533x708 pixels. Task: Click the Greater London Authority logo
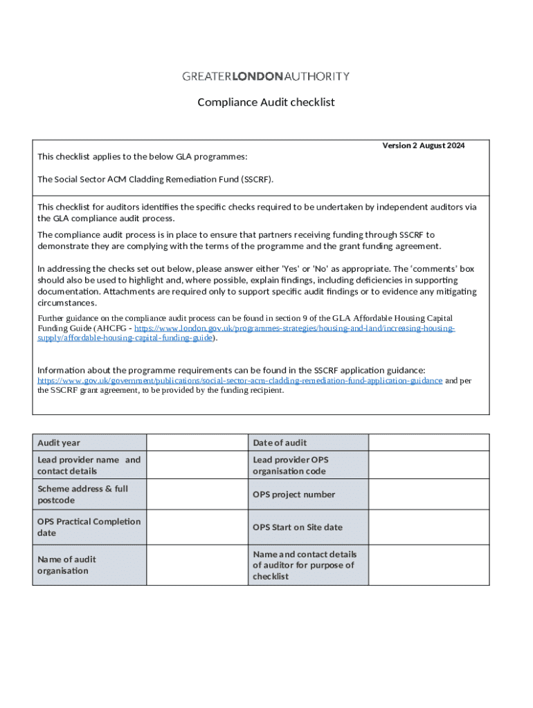click(266, 76)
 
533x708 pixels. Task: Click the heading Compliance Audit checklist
click(266, 102)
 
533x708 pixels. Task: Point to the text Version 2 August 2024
click(424, 146)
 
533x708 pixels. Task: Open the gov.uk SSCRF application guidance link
click(240, 380)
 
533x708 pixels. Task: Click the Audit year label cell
click(89, 442)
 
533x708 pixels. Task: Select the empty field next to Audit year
click(197, 442)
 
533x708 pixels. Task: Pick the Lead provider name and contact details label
click(89, 465)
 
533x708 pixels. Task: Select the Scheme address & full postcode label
click(89, 494)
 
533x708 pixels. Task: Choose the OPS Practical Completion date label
click(89, 527)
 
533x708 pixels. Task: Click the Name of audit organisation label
click(89, 565)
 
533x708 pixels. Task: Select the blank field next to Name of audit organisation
click(197, 565)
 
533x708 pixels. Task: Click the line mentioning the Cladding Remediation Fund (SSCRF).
click(155, 179)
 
